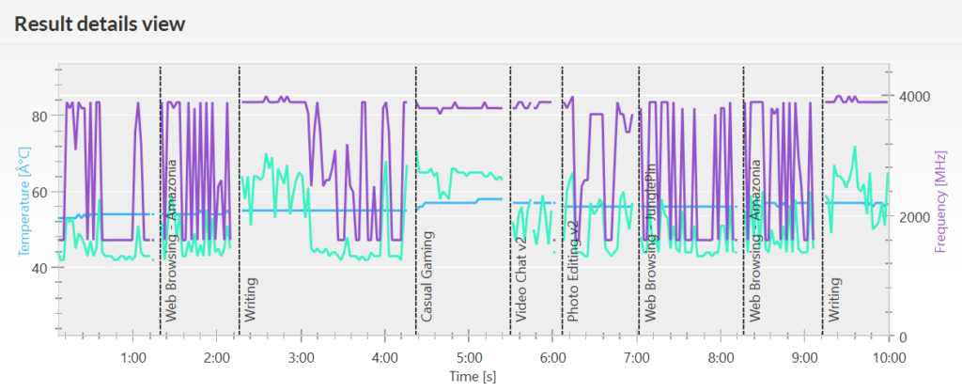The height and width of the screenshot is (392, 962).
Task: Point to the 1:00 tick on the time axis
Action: tap(133, 357)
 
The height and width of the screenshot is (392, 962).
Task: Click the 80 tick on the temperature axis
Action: tap(40, 117)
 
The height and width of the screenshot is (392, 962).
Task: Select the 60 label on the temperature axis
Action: tap(40, 192)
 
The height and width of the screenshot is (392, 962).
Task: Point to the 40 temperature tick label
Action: tap(40, 268)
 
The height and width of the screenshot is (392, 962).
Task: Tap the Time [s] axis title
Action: tap(473, 376)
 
